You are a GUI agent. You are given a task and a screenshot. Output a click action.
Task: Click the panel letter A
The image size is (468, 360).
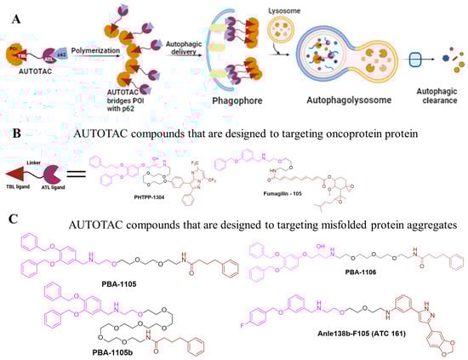pyautogui.click(x=12, y=13)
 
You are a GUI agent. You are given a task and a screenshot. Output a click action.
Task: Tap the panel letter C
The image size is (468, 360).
pyautogui.click(x=11, y=220)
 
